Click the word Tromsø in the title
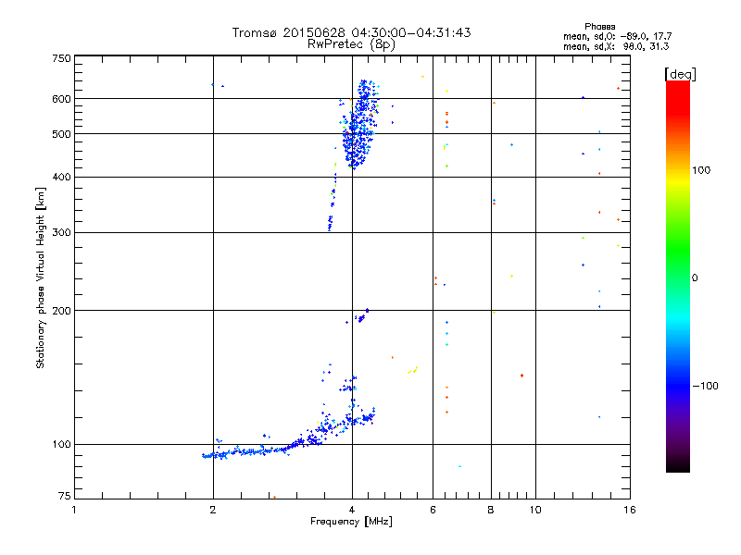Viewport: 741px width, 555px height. pyautogui.click(x=255, y=32)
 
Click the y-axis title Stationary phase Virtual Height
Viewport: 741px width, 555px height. pyautogui.click(x=40, y=278)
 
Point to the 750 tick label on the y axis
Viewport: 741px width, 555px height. pyautogui.click(x=61, y=57)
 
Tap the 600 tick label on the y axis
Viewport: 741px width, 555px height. pyautogui.click(x=61, y=98)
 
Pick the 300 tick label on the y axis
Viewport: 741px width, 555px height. pyautogui.click(x=61, y=232)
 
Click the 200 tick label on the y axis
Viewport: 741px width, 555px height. pyautogui.click(x=61, y=310)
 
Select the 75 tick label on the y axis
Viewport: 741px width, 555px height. pyautogui.click(x=64, y=497)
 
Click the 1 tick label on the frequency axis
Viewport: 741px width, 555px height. pyautogui.click(x=74, y=510)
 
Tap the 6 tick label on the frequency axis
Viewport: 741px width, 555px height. pyautogui.click(x=433, y=510)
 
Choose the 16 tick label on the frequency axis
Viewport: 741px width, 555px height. pyautogui.click(x=629, y=510)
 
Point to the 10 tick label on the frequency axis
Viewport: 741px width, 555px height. pyautogui.click(x=534, y=510)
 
